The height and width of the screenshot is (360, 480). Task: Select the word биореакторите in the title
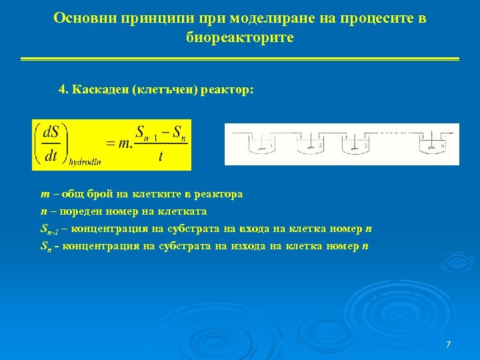(240, 38)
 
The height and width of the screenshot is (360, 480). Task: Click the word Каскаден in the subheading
(101, 89)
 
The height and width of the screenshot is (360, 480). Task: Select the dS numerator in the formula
(51, 132)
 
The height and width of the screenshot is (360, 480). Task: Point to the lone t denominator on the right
(161, 157)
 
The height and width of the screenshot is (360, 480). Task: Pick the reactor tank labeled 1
(263, 145)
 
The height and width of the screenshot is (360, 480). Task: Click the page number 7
(448, 345)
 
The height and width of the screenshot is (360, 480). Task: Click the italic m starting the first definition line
(45, 194)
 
